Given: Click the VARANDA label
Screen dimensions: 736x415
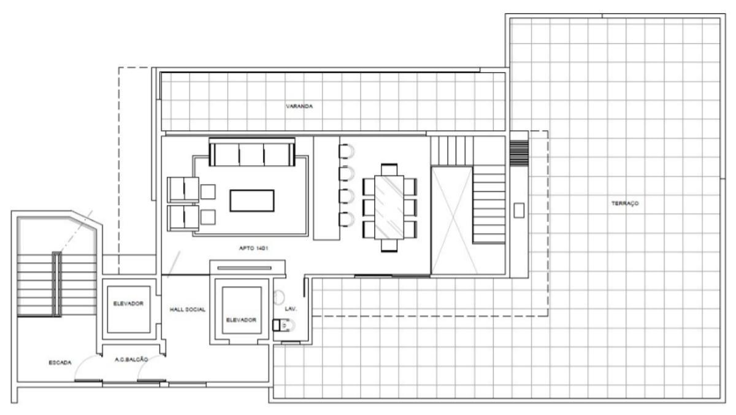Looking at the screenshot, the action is click(x=299, y=106).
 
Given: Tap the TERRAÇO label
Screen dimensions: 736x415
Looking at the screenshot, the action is click(x=625, y=203).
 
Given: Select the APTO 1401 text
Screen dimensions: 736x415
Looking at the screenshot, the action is click(x=253, y=248).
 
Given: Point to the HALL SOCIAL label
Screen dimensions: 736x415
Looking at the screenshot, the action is click(x=187, y=309).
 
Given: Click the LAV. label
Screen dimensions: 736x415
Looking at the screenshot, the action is click(x=291, y=309).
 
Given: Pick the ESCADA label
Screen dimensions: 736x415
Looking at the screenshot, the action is click(x=60, y=363).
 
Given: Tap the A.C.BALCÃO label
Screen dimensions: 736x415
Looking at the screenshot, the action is click(x=131, y=359).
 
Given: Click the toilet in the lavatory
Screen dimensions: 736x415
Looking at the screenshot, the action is click(x=283, y=325).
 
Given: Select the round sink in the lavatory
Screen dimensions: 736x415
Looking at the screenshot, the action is click(x=278, y=298).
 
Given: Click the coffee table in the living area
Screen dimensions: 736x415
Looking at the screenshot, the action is click(x=252, y=201).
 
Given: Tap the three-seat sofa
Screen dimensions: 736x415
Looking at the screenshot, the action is click(x=252, y=152).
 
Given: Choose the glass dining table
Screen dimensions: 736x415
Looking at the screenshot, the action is click(x=389, y=207).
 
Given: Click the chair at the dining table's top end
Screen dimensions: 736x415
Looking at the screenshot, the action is click(x=389, y=169).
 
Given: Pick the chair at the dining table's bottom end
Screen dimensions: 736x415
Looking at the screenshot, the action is click(x=389, y=246).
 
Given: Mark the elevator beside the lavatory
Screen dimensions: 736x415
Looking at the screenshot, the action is click(x=242, y=311).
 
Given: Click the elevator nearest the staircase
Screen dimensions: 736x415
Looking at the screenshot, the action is click(x=128, y=309).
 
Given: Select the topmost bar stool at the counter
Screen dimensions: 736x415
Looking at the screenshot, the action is click(x=347, y=151).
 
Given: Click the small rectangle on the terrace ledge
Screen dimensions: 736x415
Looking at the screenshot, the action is click(x=519, y=210).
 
